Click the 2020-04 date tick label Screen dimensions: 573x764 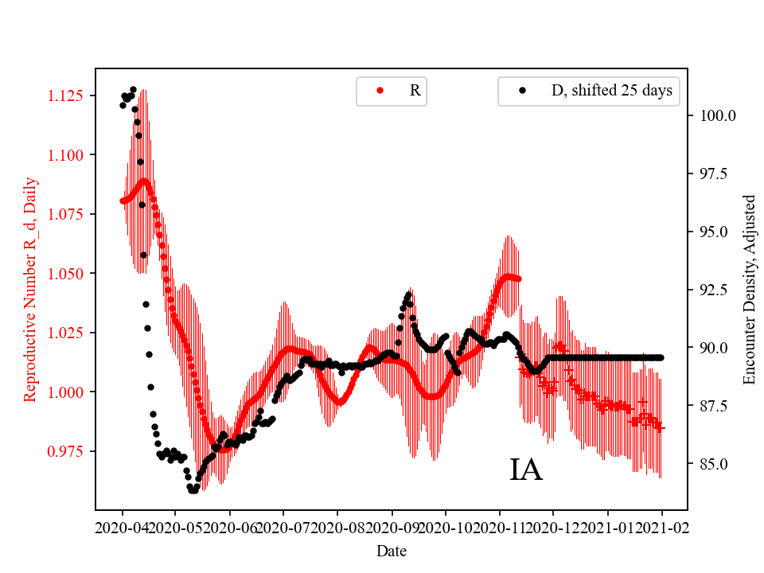(123, 528)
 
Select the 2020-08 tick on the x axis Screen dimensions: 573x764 (337, 528)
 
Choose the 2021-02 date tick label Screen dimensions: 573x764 (661, 528)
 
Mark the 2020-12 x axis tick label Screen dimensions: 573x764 (553, 528)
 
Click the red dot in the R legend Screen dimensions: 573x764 (380, 91)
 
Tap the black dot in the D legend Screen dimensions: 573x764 (522, 91)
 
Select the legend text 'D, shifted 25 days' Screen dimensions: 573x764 (612, 91)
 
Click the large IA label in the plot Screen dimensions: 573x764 (526, 470)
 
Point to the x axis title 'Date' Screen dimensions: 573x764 (392, 550)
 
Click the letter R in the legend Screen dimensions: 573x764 (415, 91)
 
